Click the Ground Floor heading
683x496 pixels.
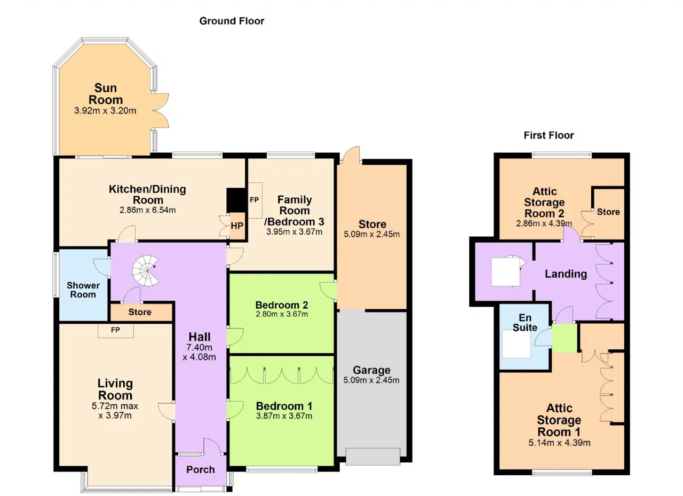click(232, 21)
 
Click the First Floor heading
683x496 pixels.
click(549, 135)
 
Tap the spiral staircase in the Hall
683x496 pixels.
click(146, 270)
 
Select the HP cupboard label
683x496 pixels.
click(237, 226)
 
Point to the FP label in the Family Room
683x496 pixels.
click(255, 200)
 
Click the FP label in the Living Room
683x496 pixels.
click(115, 330)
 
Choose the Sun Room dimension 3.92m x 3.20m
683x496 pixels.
click(105, 110)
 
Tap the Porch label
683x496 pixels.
click(200, 469)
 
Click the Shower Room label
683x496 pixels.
click(83, 290)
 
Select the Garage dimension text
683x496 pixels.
click(371, 380)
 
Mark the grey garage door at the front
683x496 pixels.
click(373, 457)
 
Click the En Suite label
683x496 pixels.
click(525, 323)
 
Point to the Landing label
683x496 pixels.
click(566, 274)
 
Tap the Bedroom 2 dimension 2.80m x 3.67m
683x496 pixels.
click(282, 314)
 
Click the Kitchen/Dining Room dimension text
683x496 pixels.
click(148, 210)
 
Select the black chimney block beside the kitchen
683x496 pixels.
click(236, 200)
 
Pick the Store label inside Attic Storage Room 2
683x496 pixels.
click(608, 212)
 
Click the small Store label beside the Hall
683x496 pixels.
click(140, 312)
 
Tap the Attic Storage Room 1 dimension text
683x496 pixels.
click(559, 443)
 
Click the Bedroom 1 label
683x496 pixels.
click(284, 406)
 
